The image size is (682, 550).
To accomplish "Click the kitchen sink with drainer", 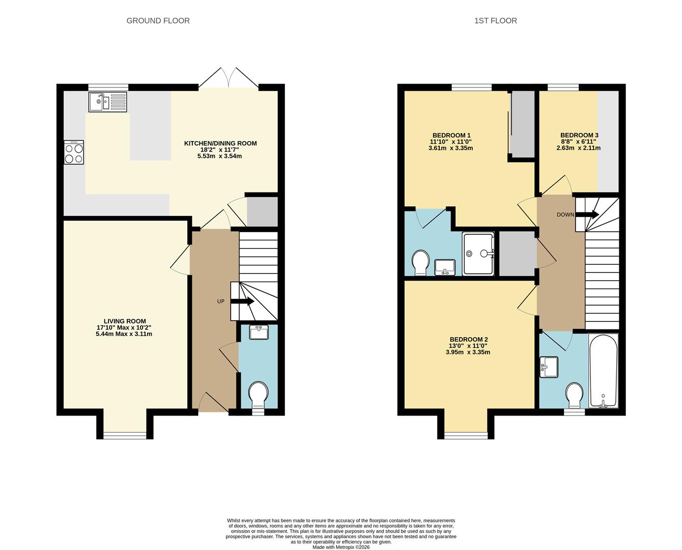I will [x=107, y=102].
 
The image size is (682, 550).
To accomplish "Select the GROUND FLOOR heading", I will [x=158, y=21].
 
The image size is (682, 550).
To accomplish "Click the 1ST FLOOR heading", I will [x=495, y=21].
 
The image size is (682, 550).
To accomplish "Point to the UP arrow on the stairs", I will [x=243, y=301].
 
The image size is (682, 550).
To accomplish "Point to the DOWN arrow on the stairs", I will [x=587, y=214].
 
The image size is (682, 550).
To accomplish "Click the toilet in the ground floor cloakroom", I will [x=259, y=395].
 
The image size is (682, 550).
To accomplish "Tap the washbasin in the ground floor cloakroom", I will [x=259, y=333].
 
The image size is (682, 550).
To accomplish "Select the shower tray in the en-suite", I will [x=478, y=254].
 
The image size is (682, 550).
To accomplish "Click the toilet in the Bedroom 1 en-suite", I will [x=420, y=262].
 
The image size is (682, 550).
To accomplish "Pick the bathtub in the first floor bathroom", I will [x=603, y=370].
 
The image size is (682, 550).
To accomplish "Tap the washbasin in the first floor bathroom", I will [x=550, y=367].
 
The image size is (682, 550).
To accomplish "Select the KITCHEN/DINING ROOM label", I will [x=220, y=144].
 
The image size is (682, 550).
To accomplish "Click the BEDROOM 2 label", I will [x=468, y=340].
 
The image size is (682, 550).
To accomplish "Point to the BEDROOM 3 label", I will [x=579, y=135].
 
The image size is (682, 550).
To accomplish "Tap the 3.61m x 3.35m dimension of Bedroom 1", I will [x=450, y=148].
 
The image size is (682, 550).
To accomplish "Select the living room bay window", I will [x=124, y=435].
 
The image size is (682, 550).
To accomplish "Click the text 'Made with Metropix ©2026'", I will [x=341, y=547].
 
